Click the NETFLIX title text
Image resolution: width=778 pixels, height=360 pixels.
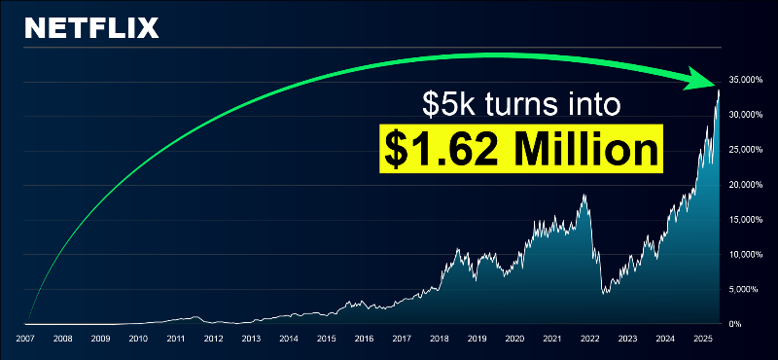[91, 27]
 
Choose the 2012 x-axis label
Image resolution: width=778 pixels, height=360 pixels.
[213, 340]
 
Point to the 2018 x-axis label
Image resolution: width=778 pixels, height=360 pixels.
[440, 340]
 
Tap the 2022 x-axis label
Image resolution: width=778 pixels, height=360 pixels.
[590, 340]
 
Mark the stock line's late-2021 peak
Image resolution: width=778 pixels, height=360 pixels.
[583, 195]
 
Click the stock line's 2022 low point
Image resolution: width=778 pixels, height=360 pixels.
[604, 294]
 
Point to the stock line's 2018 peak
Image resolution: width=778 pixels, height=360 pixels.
[458, 250]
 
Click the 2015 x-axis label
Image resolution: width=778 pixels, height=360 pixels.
[326, 340]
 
